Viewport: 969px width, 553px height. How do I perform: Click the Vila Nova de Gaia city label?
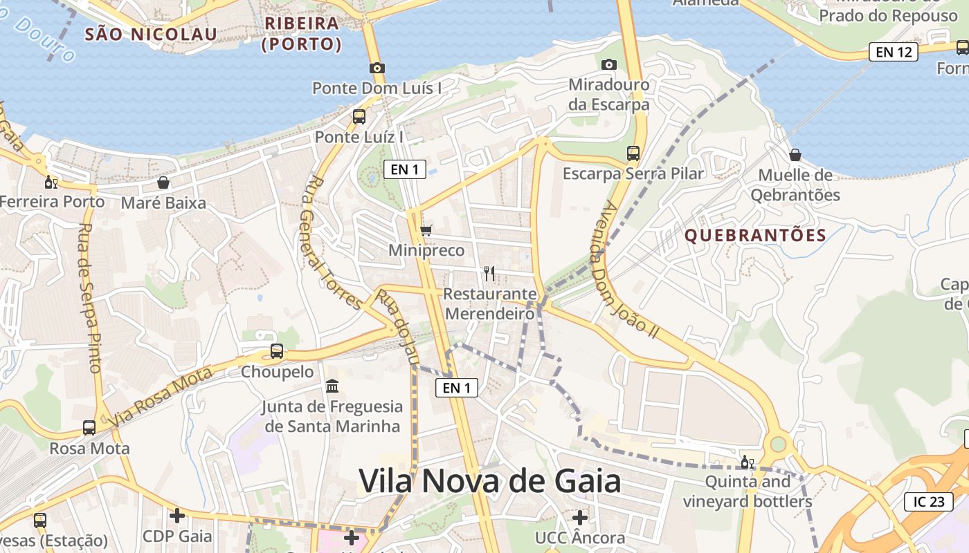[489, 481]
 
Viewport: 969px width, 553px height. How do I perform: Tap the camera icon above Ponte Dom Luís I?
[377, 68]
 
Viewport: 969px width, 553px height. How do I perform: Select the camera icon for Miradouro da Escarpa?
[609, 64]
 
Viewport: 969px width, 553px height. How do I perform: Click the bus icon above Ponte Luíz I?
[359, 116]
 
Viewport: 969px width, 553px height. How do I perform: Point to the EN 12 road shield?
[894, 52]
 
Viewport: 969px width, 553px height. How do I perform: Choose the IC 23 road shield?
[928, 502]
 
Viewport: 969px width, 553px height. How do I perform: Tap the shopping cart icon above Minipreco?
[426, 230]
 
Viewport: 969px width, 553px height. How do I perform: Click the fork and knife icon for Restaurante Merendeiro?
[489, 274]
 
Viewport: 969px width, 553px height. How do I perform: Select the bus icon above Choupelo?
[277, 351]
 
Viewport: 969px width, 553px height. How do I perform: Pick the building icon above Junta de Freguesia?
[332, 386]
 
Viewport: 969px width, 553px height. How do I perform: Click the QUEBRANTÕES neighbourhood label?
[756, 236]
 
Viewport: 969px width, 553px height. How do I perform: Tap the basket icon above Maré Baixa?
[163, 182]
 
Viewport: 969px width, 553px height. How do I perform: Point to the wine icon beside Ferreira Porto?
[51, 182]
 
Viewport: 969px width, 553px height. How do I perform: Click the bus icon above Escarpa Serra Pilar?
[633, 153]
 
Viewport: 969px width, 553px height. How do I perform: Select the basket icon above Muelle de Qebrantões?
[795, 155]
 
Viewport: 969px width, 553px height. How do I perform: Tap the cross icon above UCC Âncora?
[579, 517]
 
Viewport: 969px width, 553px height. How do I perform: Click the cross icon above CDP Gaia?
[177, 515]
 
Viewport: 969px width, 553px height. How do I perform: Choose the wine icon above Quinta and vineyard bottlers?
[748, 462]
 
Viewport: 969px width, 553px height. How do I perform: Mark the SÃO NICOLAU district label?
[151, 33]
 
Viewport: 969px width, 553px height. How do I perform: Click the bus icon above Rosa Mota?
[89, 428]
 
